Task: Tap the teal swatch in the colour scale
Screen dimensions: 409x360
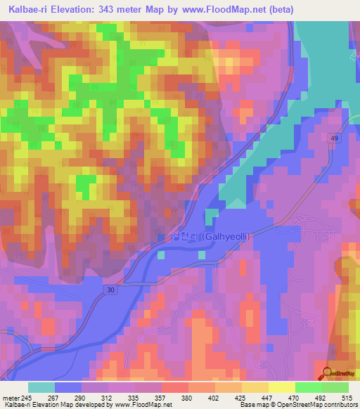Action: coord(41,387)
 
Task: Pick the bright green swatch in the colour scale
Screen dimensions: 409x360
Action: coord(308,387)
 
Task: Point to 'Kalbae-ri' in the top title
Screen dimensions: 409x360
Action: coord(26,9)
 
